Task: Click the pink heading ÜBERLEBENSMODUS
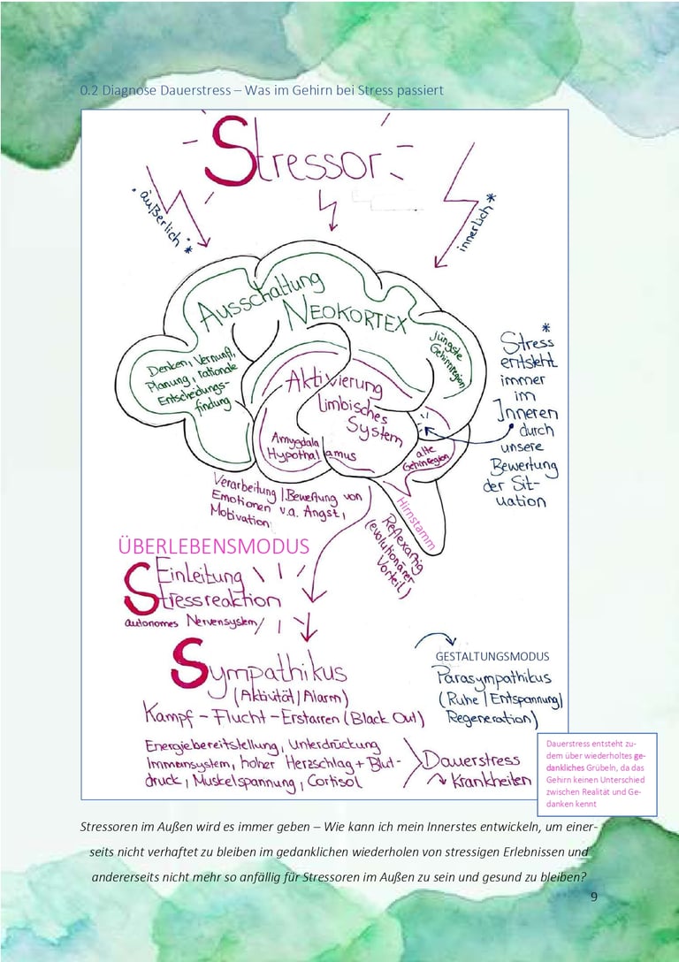(x=213, y=546)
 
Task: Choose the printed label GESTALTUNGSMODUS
(x=492, y=657)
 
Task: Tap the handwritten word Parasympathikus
(x=493, y=679)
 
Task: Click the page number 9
(x=593, y=897)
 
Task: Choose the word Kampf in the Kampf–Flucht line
(x=172, y=717)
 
